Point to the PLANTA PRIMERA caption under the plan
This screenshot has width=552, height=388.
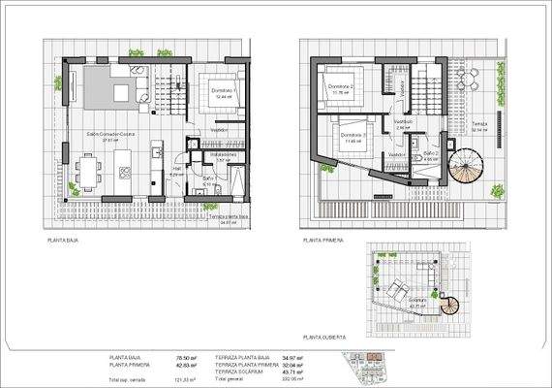point(323,239)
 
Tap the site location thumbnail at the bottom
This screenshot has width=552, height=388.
point(371,367)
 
